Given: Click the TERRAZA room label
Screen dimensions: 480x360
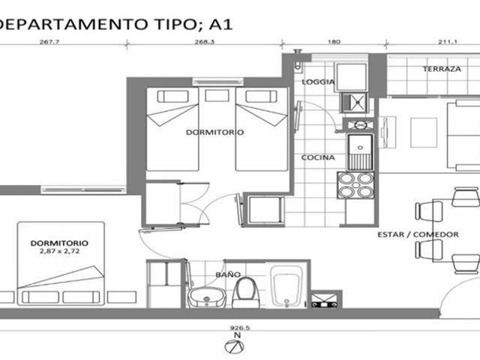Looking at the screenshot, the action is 442,69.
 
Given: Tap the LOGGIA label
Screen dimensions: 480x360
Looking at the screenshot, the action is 318,82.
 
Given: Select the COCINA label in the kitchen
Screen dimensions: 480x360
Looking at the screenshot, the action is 318,157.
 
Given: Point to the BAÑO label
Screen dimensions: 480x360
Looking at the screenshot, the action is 228,274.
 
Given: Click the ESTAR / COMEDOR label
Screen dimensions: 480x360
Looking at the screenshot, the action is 418,235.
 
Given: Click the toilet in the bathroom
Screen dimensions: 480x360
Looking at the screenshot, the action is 246,293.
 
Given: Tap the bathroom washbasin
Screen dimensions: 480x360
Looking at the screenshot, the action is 207,298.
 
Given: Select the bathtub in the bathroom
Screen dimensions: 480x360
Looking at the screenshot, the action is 286,286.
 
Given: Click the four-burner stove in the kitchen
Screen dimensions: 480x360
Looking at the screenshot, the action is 355,185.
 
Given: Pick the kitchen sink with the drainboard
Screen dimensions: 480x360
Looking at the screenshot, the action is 360,152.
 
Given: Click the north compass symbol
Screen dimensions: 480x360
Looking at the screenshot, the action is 235,346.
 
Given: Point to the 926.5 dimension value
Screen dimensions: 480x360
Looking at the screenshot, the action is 240,328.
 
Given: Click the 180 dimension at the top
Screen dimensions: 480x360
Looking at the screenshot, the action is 334,42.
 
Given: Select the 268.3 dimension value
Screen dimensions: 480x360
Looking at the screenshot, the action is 205,42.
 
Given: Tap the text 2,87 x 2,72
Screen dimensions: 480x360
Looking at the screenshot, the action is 59,251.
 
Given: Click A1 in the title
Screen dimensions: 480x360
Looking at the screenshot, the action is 220,25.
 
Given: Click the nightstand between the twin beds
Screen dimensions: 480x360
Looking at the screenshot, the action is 217,96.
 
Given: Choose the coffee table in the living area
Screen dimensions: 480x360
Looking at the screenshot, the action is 424,133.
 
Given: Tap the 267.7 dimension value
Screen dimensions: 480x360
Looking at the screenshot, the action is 49,42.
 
